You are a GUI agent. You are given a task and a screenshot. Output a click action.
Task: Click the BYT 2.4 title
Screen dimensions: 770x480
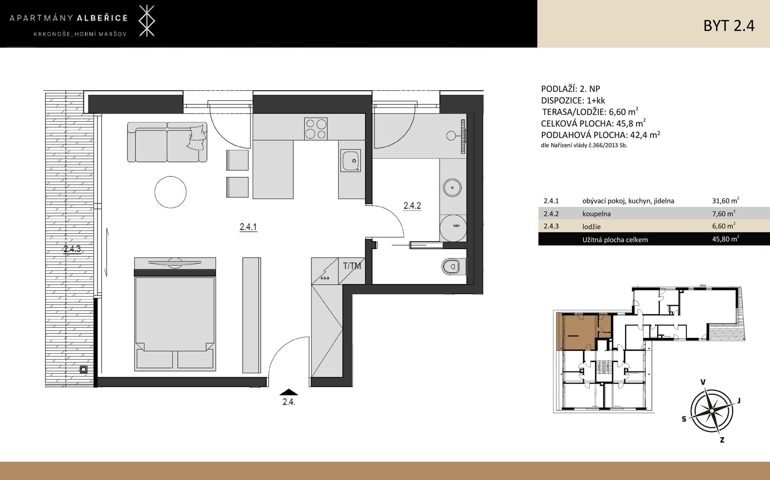[729, 26]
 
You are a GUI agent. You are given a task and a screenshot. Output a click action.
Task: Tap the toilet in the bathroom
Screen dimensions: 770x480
[454, 266]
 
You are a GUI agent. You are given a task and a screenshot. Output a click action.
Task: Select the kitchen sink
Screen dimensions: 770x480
[350, 161]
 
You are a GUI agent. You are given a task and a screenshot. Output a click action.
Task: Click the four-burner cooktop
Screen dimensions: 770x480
[316, 128]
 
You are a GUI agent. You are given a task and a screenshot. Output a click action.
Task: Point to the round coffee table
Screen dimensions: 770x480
[170, 192]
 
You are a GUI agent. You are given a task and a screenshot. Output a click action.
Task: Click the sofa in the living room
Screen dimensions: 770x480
[167, 142]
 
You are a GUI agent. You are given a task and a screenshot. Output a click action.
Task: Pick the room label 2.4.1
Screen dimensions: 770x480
[248, 227]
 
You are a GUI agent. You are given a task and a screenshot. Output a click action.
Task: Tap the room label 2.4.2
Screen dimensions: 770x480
[412, 206]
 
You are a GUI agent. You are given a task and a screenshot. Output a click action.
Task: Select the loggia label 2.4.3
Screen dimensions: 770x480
[72, 249]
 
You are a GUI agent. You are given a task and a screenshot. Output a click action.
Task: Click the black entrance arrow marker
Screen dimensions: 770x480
[289, 392]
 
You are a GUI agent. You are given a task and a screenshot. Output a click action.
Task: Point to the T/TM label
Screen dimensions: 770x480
[352, 266]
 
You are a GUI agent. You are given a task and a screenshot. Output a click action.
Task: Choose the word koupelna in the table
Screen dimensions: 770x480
[596, 214]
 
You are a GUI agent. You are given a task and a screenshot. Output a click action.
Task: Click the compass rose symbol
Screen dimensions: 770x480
[711, 411]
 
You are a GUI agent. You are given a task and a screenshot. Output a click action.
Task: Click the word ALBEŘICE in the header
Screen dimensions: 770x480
[102, 18]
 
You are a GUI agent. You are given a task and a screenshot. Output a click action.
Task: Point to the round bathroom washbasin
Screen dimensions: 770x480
[452, 187]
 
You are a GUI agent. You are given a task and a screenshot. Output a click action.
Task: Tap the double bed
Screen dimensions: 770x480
[175, 314]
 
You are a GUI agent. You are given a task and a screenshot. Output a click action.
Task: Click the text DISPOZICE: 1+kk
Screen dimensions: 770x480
[573, 100]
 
